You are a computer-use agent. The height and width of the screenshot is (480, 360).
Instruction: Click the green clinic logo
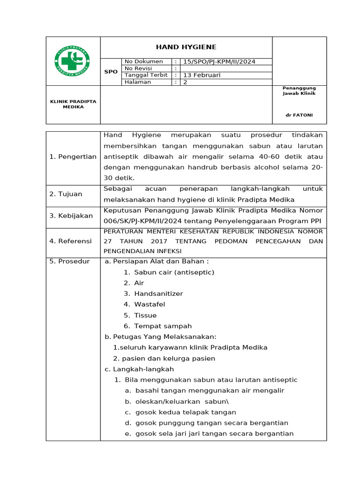click(73, 61)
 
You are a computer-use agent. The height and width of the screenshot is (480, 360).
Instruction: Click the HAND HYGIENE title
click(186, 47)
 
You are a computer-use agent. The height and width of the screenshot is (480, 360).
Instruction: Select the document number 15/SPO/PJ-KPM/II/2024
click(219, 61)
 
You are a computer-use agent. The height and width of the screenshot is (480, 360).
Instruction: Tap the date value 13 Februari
click(202, 75)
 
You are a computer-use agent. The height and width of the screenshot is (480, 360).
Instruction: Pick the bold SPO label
click(111, 72)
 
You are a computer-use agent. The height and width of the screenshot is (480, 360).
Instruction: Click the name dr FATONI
click(299, 115)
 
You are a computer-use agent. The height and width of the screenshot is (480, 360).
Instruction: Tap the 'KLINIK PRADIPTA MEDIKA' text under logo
click(73, 104)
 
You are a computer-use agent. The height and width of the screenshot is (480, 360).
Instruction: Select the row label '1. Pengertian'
click(73, 157)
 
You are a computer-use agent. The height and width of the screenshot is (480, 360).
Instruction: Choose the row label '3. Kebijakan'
click(71, 216)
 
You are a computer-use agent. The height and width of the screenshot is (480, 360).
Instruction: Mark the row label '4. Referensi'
click(70, 241)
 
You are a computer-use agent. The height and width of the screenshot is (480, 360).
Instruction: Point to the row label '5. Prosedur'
click(69, 261)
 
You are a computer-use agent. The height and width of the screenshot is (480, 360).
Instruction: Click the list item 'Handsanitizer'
click(158, 293)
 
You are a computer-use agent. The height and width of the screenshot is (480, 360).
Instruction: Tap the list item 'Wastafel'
click(150, 304)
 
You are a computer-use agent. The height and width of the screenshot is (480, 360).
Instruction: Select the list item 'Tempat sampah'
click(163, 326)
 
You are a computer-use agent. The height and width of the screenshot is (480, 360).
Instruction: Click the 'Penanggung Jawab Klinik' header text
click(299, 90)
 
